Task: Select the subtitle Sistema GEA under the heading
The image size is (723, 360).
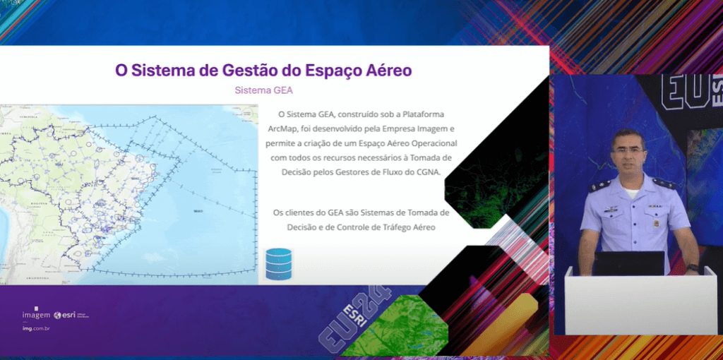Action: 263,90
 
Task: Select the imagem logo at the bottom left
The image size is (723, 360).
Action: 36,314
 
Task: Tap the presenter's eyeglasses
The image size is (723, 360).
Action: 628,150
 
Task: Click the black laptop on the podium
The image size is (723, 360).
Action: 628,263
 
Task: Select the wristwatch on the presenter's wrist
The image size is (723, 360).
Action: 692,268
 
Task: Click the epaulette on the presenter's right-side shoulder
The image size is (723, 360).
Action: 664,184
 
